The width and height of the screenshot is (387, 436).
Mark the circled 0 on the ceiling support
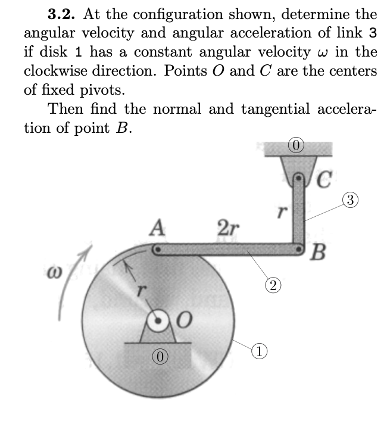[296, 144]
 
